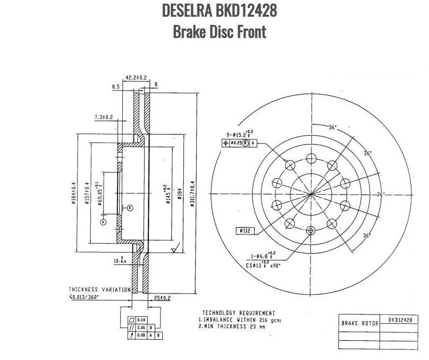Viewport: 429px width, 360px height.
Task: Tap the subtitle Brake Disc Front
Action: click(x=219, y=31)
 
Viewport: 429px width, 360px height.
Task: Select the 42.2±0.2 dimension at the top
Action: click(x=136, y=78)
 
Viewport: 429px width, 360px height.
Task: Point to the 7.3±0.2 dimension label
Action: click(x=104, y=117)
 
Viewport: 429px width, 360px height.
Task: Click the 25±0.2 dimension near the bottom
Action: click(x=161, y=297)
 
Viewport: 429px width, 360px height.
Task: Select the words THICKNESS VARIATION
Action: click(x=99, y=289)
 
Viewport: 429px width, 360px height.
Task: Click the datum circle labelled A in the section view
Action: click(x=103, y=220)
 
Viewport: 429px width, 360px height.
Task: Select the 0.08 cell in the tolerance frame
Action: click(x=141, y=336)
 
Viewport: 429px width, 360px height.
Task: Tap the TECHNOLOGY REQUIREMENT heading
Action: click(x=238, y=313)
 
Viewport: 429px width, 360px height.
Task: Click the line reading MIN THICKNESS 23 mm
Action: click(x=232, y=327)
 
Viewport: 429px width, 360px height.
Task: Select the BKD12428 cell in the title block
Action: click(x=400, y=320)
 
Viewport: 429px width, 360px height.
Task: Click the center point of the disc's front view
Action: click(x=310, y=194)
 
